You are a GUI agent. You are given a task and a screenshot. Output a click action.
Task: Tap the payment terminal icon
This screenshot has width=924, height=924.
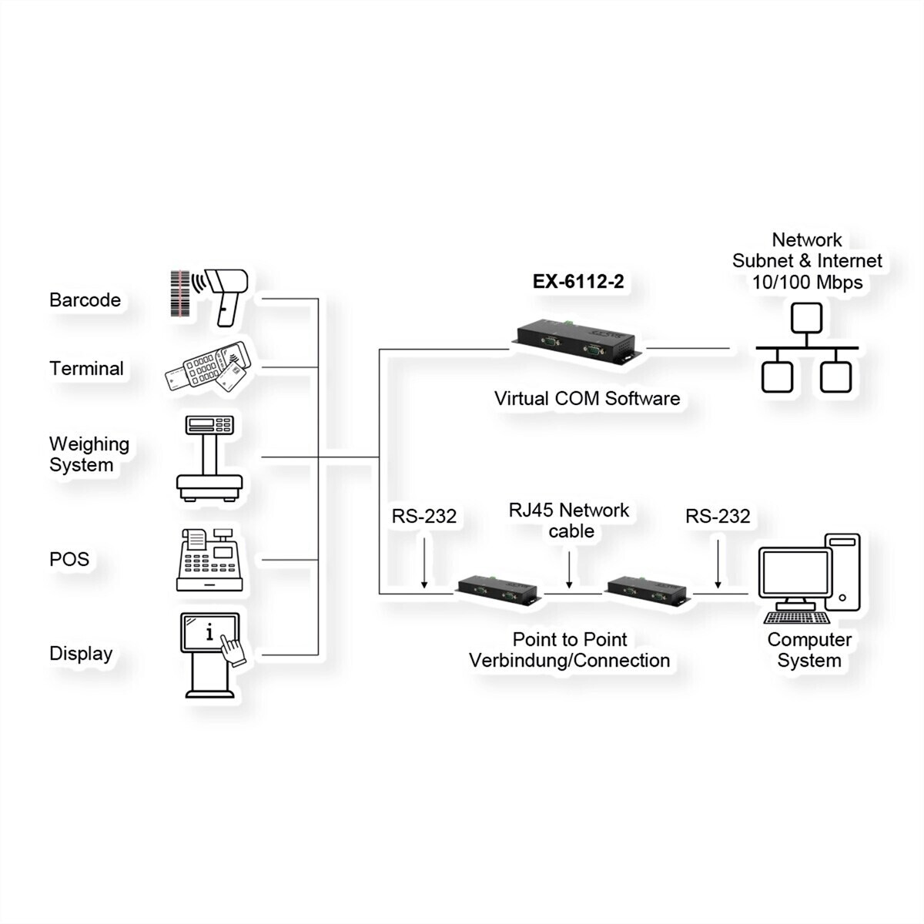click(207, 369)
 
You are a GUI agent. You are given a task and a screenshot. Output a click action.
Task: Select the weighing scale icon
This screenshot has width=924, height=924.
click(209, 458)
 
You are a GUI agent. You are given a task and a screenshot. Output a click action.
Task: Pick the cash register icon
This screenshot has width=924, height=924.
click(209, 560)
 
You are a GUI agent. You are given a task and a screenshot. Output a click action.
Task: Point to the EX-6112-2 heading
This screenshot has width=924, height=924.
click(578, 282)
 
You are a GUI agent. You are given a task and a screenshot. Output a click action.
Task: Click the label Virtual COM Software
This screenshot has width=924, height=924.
click(587, 399)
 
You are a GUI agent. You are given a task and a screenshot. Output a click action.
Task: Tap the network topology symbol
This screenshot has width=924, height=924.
click(806, 348)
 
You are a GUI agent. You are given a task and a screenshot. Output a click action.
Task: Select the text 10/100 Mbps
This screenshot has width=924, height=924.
click(807, 282)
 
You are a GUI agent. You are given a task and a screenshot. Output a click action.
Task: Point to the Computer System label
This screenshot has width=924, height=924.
click(809, 650)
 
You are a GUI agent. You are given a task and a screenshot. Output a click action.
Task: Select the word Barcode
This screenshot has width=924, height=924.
click(85, 300)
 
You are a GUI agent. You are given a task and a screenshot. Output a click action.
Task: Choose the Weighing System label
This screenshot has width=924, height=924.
click(89, 454)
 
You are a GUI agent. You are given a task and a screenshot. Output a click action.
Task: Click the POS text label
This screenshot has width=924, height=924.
click(69, 559)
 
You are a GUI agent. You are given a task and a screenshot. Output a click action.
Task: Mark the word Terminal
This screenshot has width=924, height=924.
click(86, 369)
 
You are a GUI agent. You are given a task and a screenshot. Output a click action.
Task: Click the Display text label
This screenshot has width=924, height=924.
click(81, 654)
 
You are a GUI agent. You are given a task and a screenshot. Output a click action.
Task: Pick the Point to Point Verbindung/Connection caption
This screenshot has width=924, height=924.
click(569, 650)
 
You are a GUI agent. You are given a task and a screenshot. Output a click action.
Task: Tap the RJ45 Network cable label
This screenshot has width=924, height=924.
click(569, 521)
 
